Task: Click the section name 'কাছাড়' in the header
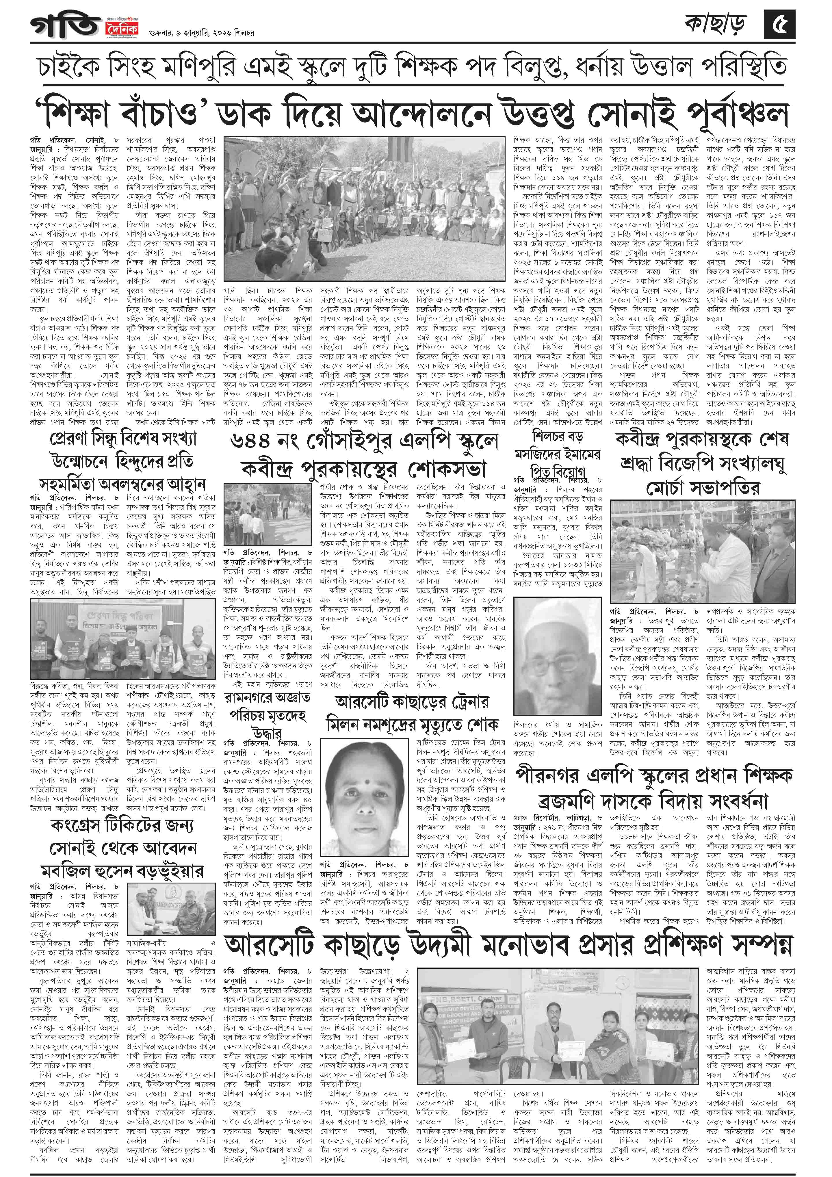pos(715,24)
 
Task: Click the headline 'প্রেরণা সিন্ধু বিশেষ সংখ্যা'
pos(123,440)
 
